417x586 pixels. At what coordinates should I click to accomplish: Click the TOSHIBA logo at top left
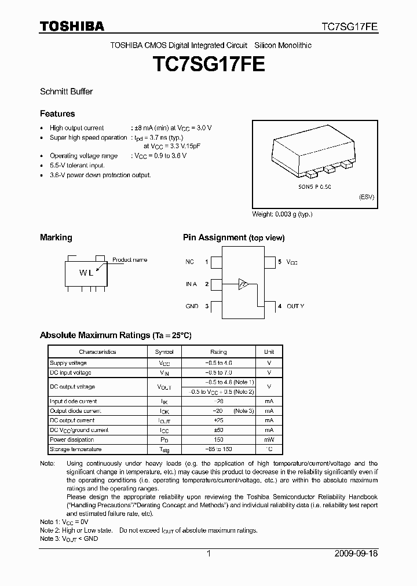point(72,26)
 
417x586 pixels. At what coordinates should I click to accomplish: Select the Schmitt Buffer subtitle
point(66,91)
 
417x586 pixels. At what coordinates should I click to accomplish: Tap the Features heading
point(57,113)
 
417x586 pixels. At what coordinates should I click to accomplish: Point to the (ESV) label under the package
point(366,197)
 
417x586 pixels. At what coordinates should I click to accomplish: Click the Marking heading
point(56,237)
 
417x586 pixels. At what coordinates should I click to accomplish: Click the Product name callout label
point(130,260)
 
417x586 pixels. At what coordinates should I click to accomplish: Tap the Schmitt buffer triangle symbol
point(244,284)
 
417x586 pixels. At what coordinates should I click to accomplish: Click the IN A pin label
point(191,284)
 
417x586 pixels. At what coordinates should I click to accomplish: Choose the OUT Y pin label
point(295,306)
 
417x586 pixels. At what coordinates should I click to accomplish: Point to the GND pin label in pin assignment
point(192,306)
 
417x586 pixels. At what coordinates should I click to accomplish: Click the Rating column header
point(218,352)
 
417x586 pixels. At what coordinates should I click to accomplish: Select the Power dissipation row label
point(71,439)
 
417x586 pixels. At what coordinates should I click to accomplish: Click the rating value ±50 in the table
point(218,430)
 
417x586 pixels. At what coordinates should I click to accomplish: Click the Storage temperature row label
point(75,449)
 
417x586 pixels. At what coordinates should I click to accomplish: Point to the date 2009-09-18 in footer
point(356,554)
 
